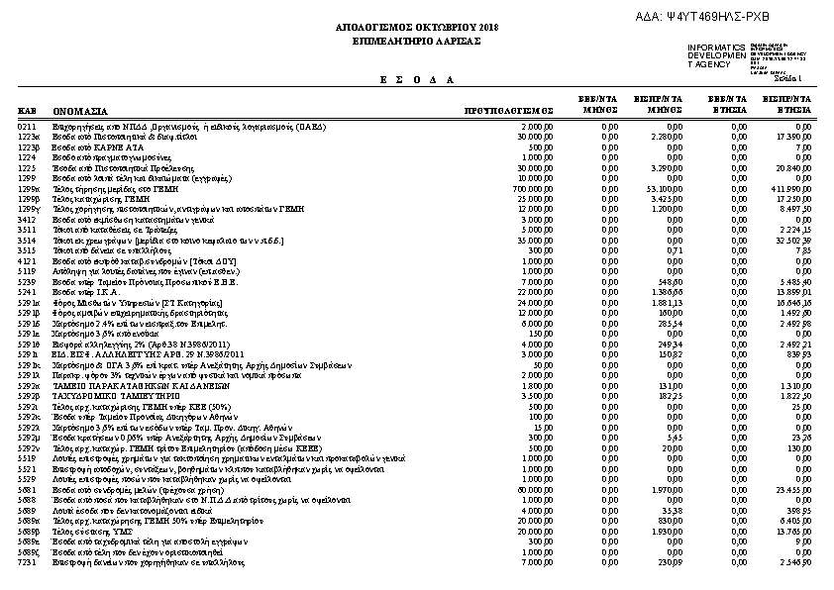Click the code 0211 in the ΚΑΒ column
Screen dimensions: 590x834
click(x=27, y=128)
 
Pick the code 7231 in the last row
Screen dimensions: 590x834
click(x=27, y=562)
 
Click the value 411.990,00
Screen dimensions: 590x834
click(x=792, y=187)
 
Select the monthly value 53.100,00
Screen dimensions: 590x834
click(x=666, y=187)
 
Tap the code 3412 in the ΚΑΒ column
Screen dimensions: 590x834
click(x=27, y=220)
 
